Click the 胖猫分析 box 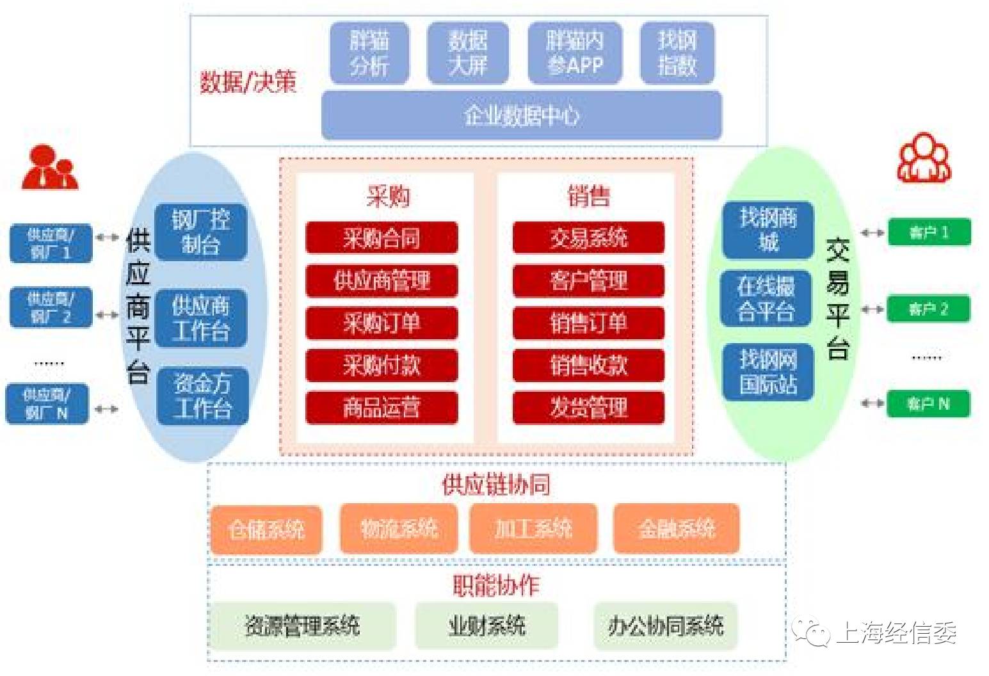[x=369, y=53]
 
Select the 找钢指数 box [x=677, y=53]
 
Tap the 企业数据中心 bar [x=521, y=116]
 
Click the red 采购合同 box [x=382, y=238]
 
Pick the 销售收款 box [x=588, y=365]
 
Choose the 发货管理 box [x=588, y=407]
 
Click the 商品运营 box [x=382, y=407]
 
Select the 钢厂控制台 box [x=201, y=232]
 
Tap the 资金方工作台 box [x=202, y=396]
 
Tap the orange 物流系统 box [x=399, y=529]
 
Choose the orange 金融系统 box [x=676, y=529]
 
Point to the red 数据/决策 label [x=248, y=82]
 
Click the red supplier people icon [x=49, y=168]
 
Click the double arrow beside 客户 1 [x=872, y=233]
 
